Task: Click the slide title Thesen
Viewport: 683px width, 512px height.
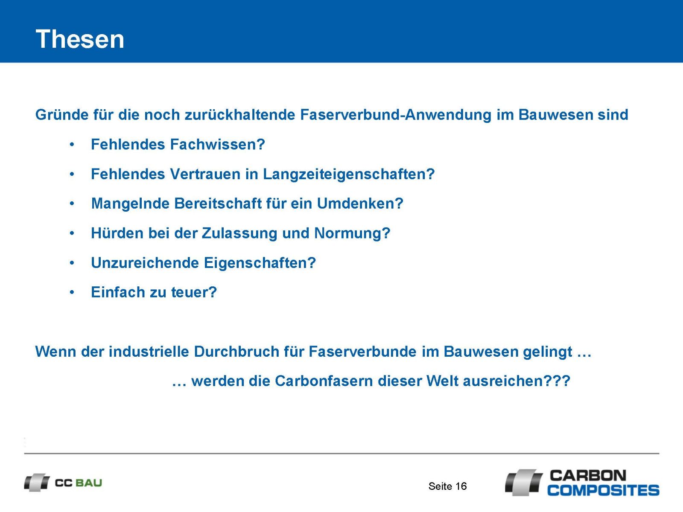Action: pos(80,39)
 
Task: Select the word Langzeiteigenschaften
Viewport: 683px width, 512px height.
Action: pos(345,174)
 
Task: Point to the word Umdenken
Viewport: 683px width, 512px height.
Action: pos(356,204)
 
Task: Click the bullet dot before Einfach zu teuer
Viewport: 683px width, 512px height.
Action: pos(72,292)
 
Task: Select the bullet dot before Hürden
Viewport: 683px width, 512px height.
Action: pos(72,233)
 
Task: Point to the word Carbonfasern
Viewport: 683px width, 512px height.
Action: pos(324,381)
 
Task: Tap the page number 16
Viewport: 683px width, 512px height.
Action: pos(461,486)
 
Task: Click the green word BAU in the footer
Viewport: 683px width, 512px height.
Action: pos(89,483)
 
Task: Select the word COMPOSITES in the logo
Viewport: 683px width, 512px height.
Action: pos(604,490)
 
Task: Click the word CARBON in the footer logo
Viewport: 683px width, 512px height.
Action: pos(588,475)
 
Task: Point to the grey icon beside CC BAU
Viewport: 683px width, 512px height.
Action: pos(37,483)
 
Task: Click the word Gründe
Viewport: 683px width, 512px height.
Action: pos(62,114)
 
